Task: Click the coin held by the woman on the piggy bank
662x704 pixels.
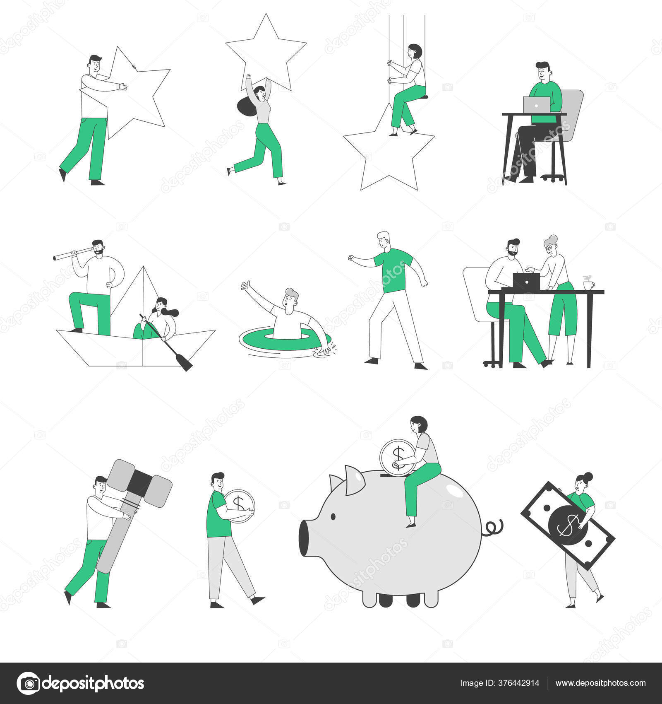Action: (397, 457)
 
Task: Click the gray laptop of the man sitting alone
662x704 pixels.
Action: (537, 105)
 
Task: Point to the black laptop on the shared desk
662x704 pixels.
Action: (526, 282)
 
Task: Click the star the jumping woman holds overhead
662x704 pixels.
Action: (266, 52)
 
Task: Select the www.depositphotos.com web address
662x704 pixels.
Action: (600, 683)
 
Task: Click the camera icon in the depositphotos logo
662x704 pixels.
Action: (28, 683)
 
